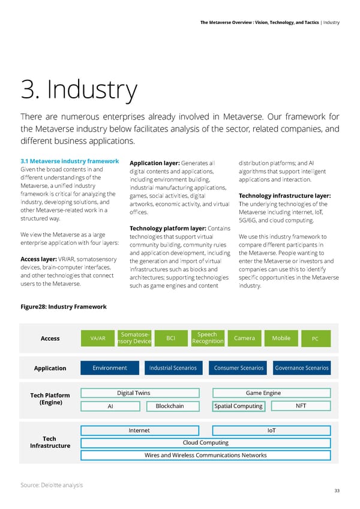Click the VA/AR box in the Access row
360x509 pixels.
(x=98, y=339)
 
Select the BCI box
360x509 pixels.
(x=170, y=339)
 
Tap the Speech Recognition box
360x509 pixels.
(x=207, y=339)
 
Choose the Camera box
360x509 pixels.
(x=245, y=339)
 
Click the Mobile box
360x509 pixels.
(x=281, y=339)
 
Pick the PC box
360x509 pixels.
(x=315, y=339)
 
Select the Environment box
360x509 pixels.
(x=109, y=368)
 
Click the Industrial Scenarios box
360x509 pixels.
(x=172, y=368)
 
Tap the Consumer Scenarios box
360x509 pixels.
(x=239, y=368)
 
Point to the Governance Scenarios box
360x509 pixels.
(x=301, y=368)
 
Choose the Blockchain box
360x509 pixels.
(x=170, y=406)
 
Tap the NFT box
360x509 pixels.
(x=301, y=406)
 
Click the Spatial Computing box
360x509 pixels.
(x=238, y=406)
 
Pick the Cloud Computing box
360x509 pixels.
(x=205, y=443)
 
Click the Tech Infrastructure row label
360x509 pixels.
(x=50, y=442)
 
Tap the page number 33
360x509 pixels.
(x=337, y=491)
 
